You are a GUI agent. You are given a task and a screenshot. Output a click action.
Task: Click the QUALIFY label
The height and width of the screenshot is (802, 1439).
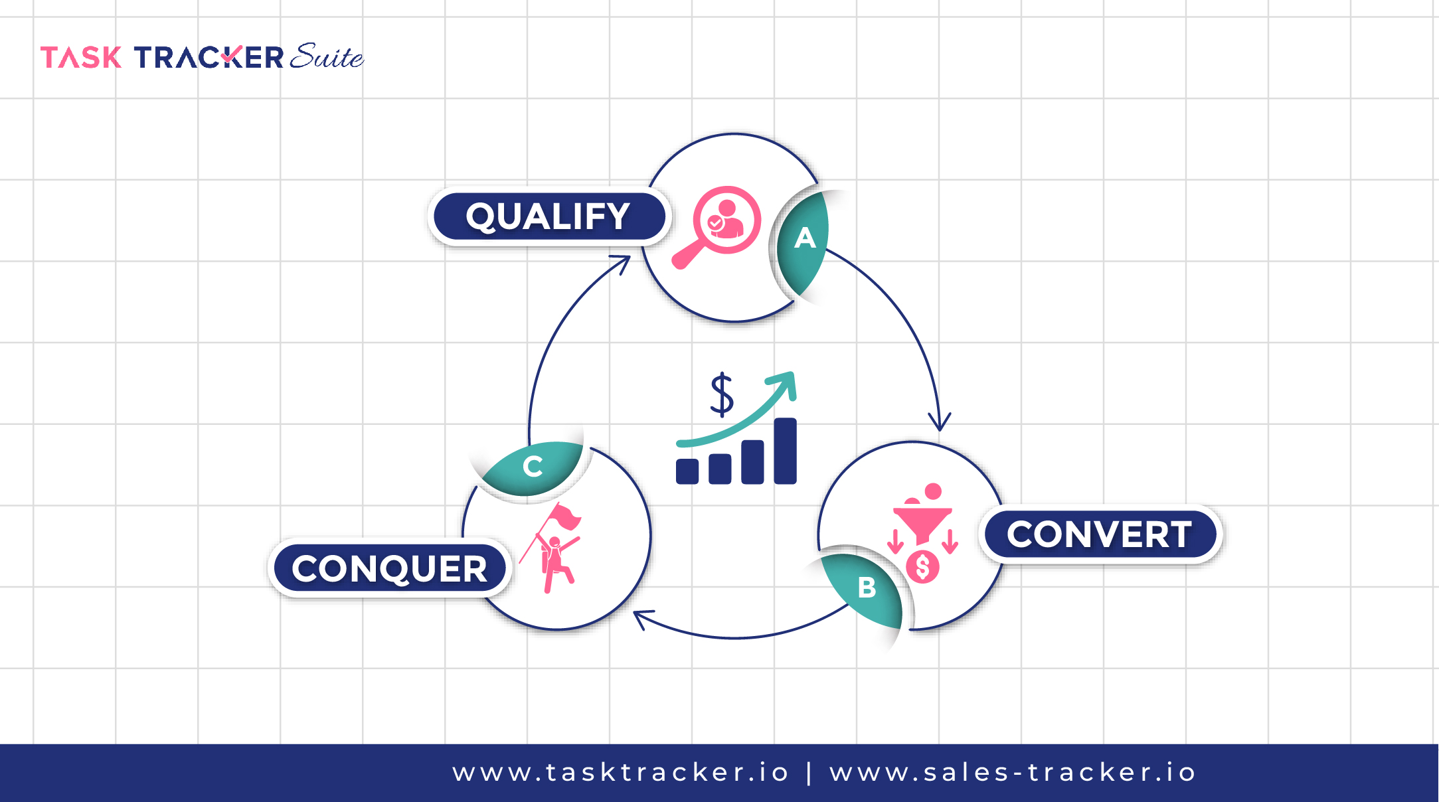549,216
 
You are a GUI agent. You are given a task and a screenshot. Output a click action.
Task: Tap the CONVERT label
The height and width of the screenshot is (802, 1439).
1100,534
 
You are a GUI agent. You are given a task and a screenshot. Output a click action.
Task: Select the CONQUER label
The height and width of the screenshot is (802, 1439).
390,569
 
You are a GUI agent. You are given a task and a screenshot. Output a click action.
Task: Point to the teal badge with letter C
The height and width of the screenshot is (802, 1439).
533,466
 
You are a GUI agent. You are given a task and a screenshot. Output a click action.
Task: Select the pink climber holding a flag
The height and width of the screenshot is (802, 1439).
555,548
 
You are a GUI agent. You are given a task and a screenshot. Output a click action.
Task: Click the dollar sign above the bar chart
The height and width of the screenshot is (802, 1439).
722,394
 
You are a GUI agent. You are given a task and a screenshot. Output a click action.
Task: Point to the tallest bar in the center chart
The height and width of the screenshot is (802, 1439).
785,451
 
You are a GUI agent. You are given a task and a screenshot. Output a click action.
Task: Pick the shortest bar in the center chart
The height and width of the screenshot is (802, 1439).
687,471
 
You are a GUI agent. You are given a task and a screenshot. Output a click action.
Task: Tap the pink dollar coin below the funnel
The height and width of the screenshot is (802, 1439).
922,567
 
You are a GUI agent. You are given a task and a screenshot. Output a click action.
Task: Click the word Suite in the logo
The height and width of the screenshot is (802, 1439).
327,57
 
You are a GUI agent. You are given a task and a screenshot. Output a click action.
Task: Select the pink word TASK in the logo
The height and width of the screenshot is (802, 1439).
81,58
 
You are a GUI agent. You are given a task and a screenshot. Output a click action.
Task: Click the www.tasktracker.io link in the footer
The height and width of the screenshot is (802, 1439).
620,773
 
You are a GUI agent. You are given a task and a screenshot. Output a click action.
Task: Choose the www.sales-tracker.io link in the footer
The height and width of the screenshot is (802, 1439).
1013,773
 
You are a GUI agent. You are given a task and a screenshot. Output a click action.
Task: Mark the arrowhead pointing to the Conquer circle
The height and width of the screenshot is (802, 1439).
641,618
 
